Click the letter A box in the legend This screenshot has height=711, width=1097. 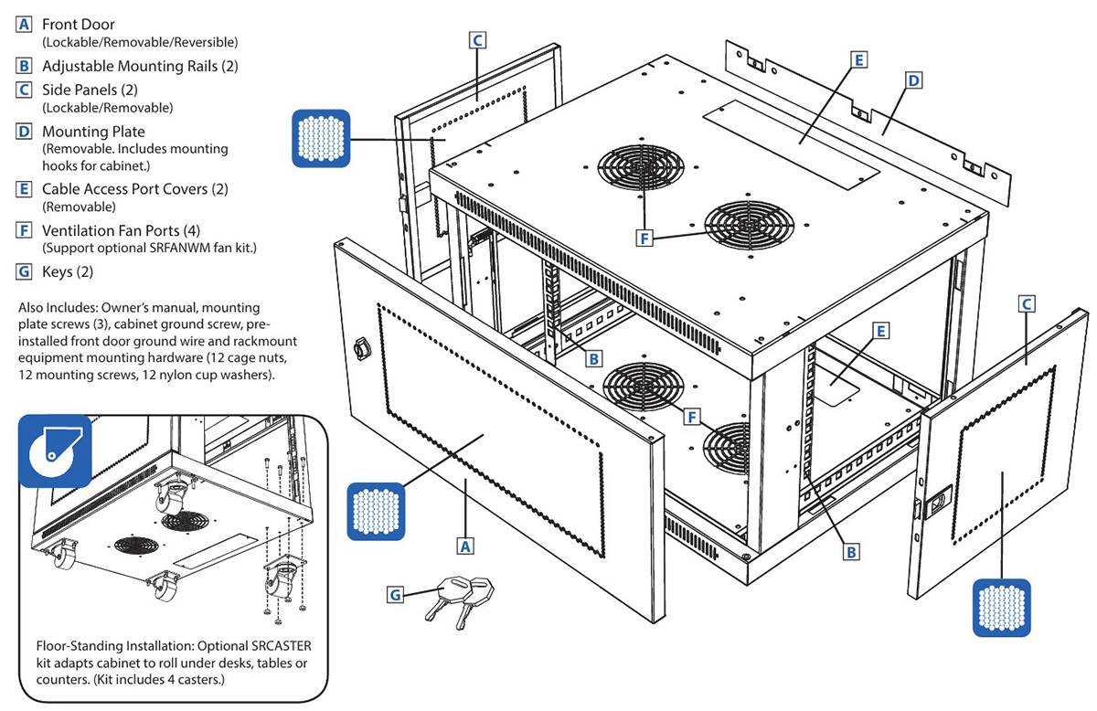click(x=25, y=25)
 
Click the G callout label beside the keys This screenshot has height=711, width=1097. click(x=396, y=595)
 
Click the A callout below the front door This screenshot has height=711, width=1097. click(x=465, y=546)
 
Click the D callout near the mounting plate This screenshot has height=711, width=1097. click(x=912, y=81)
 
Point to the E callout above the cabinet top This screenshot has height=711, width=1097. click(x=857, y=59)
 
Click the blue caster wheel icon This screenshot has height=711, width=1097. click(x=55, y=450)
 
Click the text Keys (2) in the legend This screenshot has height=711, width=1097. click(x=68, y=271)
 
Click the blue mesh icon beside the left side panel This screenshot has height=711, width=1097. click(x=320, y=139)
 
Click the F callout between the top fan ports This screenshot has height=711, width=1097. click(x=646, y=238)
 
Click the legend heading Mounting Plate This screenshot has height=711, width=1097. click(x=93, y=133)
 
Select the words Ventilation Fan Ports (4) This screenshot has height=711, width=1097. click(x=111, y=230)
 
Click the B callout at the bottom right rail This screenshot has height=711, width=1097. click(x=851, y=551)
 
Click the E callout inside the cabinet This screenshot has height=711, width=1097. click(x=880, y=330)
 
